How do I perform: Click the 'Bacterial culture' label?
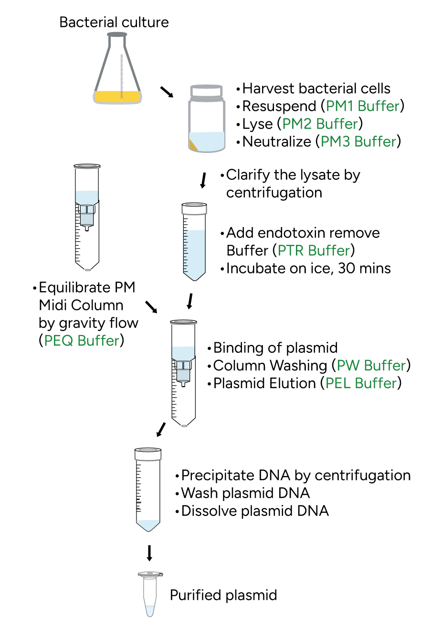coord(114,22)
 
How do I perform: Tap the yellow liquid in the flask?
coord(117,97)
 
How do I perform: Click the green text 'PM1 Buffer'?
coord(363,106)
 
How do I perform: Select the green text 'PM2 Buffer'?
coord(320,124)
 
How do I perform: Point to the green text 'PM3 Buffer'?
coord(358,141)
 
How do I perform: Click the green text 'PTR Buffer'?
coord(314,250)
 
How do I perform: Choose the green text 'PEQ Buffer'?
coord(82,340)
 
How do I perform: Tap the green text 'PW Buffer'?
coord(371,366)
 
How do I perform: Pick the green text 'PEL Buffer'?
coord(361,383)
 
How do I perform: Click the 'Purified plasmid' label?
coord(223,595)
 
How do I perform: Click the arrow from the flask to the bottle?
coord(167,92)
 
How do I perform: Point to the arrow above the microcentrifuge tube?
coord(149,553)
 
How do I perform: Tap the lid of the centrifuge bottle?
coord(207,91)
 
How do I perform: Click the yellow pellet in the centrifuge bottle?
coord(193,145)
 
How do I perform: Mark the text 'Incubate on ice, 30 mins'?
coord(308,269)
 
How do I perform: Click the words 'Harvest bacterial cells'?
coord(316,88)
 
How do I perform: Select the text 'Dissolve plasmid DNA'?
coord(255,511)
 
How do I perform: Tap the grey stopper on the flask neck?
coord(117,35)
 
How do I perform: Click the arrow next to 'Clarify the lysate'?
coord(203,180)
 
